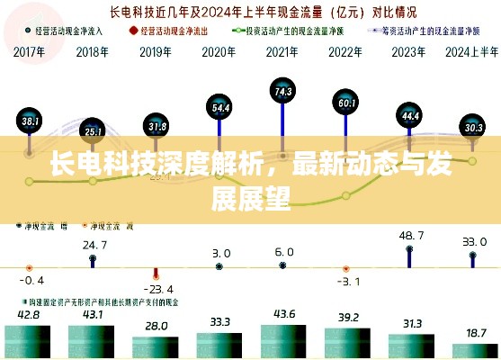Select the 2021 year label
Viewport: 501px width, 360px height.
click(282, 50)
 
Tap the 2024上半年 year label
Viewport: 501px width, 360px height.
click(472, 50)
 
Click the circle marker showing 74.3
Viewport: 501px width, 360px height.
click(282, 91)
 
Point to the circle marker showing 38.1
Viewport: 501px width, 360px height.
click(31, 120)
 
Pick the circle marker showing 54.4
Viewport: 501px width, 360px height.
click(220, 108)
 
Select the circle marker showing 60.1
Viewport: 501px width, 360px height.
click(346, 103)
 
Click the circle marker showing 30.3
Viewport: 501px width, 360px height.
click(473, 127)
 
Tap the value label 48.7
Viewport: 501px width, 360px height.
click(411, 235)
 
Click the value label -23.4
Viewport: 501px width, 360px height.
click(158, 288)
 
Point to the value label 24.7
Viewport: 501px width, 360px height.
click(94, 244)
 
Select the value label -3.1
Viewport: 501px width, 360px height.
click(347, 282)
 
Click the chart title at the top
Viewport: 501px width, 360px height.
click(251, 13)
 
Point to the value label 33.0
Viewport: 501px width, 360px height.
click(474, 241)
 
